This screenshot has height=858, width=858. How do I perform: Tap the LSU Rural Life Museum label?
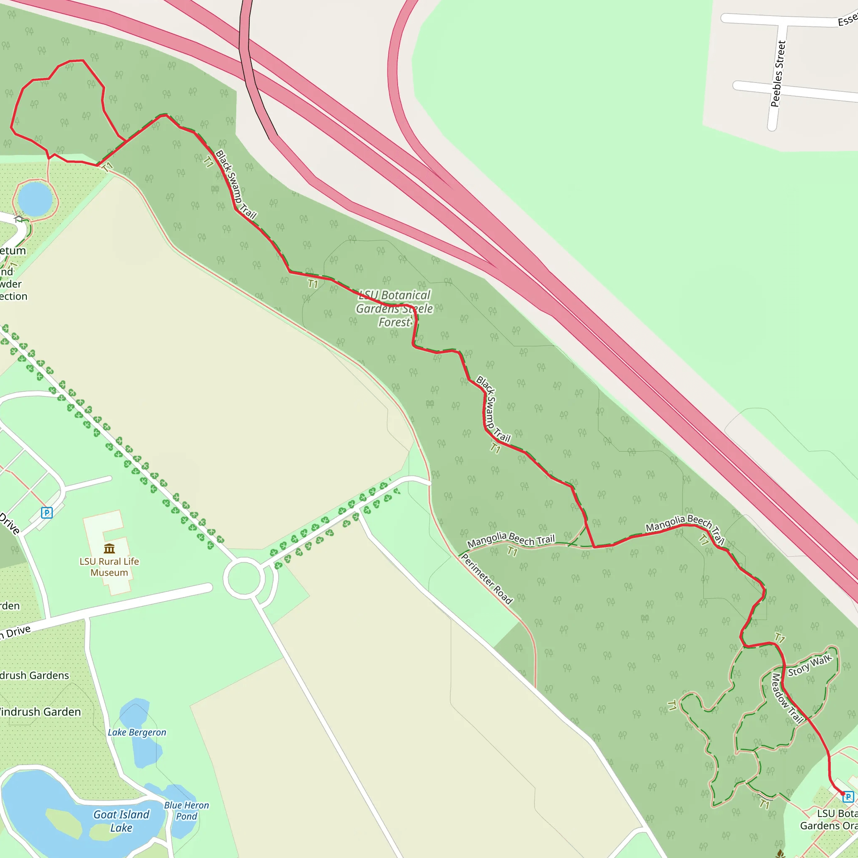[109, 567]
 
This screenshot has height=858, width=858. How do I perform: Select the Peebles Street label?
[778, 74]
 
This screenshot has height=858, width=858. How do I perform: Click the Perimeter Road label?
[487, 579]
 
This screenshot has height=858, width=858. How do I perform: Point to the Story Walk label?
[809, 665]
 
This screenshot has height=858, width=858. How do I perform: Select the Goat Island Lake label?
[121, 821]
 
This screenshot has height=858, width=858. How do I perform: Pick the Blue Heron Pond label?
[186, 811]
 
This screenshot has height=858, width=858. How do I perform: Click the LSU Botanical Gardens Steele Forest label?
[394, 309]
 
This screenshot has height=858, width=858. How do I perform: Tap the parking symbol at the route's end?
[848, 797]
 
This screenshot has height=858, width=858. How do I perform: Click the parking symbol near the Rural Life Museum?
[47, 513]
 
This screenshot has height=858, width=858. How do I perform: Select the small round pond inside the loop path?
[35, 199]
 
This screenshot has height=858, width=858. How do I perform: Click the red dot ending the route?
[842, 793]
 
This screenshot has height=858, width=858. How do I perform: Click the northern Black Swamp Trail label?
[235, 185]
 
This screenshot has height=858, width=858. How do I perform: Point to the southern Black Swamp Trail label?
[493, 409]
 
